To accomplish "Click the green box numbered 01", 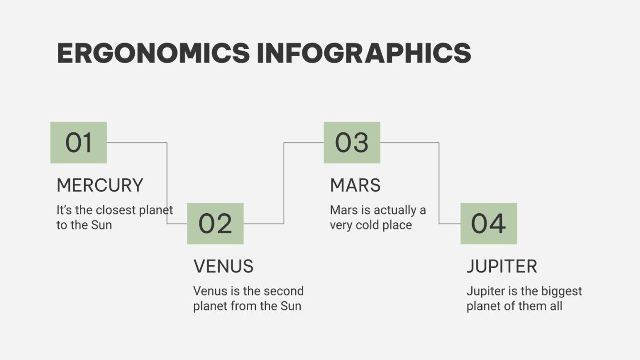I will click(x=78, y=142).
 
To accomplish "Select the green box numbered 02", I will click(x=215, y=223).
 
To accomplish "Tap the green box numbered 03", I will click(x=352, y=142).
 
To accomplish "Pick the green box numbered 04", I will click(x=488, y=223).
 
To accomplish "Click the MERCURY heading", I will click(x=99, y=185).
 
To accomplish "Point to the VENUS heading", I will click(x=223, y=266).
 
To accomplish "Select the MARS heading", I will click(x=355, y=185).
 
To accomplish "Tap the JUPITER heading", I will click(x=502, y=266).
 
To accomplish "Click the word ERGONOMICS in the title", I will click(x=153, y=53).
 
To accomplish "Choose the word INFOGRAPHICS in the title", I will click(x=364, y=53).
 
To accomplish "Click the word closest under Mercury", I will click(x=113, y=210).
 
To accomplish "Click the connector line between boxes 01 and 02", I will click(x=167, y=182).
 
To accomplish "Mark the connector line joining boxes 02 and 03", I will click(x=284, y=182).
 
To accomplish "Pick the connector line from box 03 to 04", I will click(x=439, y=182).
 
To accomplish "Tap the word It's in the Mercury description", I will click(x=64, y=210).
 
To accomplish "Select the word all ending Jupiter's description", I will click(x=556, y=306).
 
